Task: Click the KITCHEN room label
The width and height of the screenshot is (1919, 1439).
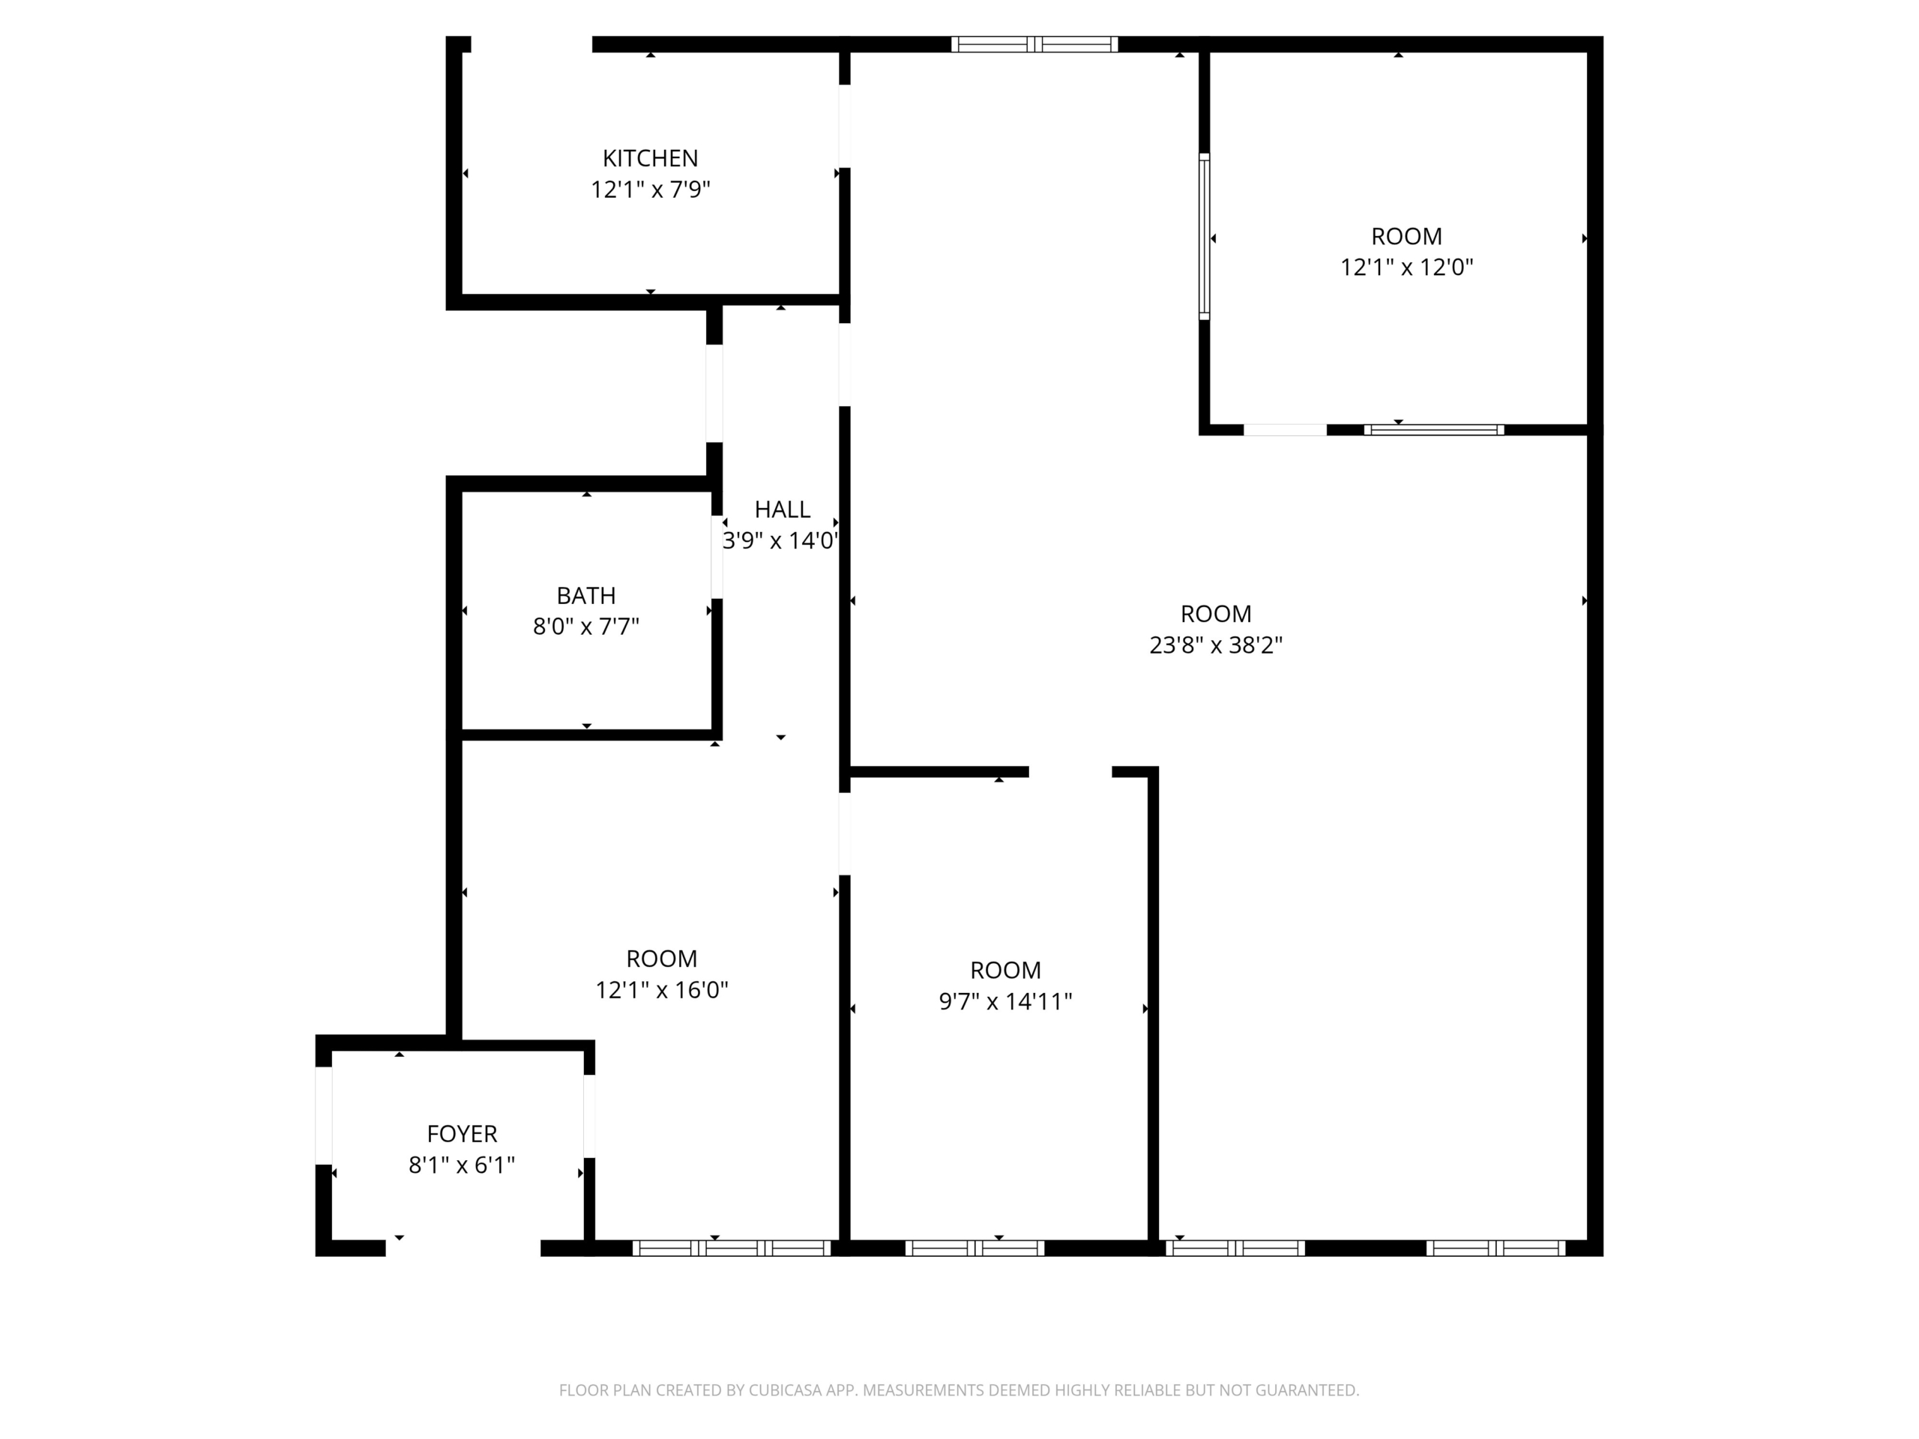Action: [x=650, y=158]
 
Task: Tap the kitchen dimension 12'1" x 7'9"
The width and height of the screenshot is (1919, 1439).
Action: [x=650, y=189]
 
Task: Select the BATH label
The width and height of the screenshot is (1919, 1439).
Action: [x=585, y=596]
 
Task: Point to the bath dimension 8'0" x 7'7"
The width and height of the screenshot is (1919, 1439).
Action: [x=585, y=627]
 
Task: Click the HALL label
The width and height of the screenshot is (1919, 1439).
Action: [x=782, y=509]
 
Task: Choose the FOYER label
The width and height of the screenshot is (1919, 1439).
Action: [x=462, y=1134]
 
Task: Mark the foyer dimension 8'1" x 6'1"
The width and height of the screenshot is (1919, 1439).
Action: [x=462, y=1165]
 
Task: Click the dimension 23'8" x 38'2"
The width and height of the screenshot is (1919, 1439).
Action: [x=1215, y=645]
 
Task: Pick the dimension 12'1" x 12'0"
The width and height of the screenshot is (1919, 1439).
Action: [x=1406, y=267]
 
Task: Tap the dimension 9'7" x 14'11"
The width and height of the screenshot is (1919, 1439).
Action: [x=1005, y=1002]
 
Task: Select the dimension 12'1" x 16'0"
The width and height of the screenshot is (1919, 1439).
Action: [x=661, y=990]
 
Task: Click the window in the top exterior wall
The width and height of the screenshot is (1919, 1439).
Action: [x=1034, y=44]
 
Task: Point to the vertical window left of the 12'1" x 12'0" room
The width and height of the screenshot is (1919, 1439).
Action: [x=1204, y=237]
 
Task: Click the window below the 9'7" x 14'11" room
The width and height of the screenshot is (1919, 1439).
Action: [x=974, y=1248]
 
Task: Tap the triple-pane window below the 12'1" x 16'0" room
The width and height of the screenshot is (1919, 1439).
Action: [x=732, y=1248]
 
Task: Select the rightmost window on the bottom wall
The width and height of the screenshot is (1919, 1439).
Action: [x=1495, y=1248]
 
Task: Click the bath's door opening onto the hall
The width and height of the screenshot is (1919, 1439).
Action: [x=717, y=557]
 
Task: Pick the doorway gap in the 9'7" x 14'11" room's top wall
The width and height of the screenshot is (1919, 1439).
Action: [x=1070, y=772]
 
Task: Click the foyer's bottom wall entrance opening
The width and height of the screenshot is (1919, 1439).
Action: [x=463, y=1248]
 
